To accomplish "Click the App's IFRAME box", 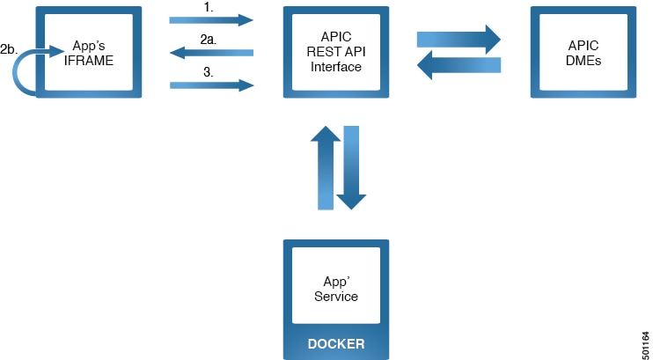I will pos(88,53).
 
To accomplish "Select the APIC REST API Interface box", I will pos(335,53).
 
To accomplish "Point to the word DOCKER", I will pos(335,343).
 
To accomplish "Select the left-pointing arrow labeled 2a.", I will pos(211,53).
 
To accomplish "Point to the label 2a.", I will pos(209,40).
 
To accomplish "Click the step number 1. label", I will pos(208,7).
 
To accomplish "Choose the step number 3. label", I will pos(208,72).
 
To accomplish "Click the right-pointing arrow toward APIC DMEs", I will pos(458,38).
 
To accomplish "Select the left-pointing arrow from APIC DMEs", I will pos(458,65).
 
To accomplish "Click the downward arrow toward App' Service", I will pos(350,167).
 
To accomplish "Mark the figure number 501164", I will pos(645,338).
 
